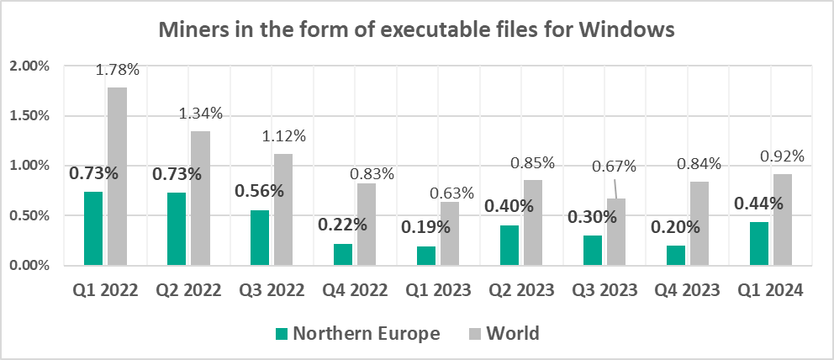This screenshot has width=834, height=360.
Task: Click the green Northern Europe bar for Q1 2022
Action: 93,229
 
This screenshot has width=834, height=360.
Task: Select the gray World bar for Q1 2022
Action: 117,177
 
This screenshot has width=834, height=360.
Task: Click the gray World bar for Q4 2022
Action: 366,225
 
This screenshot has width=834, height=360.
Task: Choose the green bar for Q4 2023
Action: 675,256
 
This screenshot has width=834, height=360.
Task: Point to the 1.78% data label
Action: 118,71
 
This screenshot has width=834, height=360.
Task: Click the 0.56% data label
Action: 259,191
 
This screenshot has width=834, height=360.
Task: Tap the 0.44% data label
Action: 758,203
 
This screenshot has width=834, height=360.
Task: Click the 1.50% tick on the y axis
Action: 31,116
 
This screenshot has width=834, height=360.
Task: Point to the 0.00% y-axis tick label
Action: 31,266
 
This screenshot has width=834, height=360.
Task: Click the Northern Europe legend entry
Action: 358,334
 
